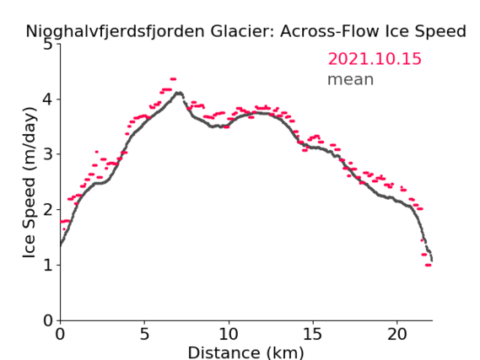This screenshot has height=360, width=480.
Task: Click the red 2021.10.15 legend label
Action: click(x=375, y=59)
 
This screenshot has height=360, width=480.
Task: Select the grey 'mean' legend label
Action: click(x=351, y=79)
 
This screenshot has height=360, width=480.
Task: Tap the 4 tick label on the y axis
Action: click(x=48, y=99)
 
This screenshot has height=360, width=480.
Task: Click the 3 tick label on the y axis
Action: click(x=48, y=154)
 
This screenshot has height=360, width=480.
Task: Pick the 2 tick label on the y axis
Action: click(x=48, y=210)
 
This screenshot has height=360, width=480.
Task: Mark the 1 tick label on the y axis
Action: click(x=48, y=266)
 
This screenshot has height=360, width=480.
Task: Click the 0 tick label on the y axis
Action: click(x=48, y=321)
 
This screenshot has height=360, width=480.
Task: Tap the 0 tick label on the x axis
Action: click(x=60, y=334)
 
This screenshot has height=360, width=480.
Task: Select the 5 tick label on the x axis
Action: click(x=144, y=334)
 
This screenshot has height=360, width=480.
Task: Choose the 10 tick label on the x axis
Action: click(x=229, y=334)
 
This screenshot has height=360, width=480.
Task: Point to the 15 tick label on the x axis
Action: click(x=313, y=334)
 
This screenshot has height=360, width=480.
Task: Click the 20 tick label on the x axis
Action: click(x=397, y=334)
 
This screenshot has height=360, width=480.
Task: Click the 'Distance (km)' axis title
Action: click(x=245, y=352)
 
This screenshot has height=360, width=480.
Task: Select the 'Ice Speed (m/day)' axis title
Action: click(x=30, y=183)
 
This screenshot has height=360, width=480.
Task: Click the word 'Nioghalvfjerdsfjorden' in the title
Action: click(x=115, y=32)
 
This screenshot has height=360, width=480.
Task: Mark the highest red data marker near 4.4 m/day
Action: click(x=173, y=79)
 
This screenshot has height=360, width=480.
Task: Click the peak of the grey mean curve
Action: click(x=179, y=93)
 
